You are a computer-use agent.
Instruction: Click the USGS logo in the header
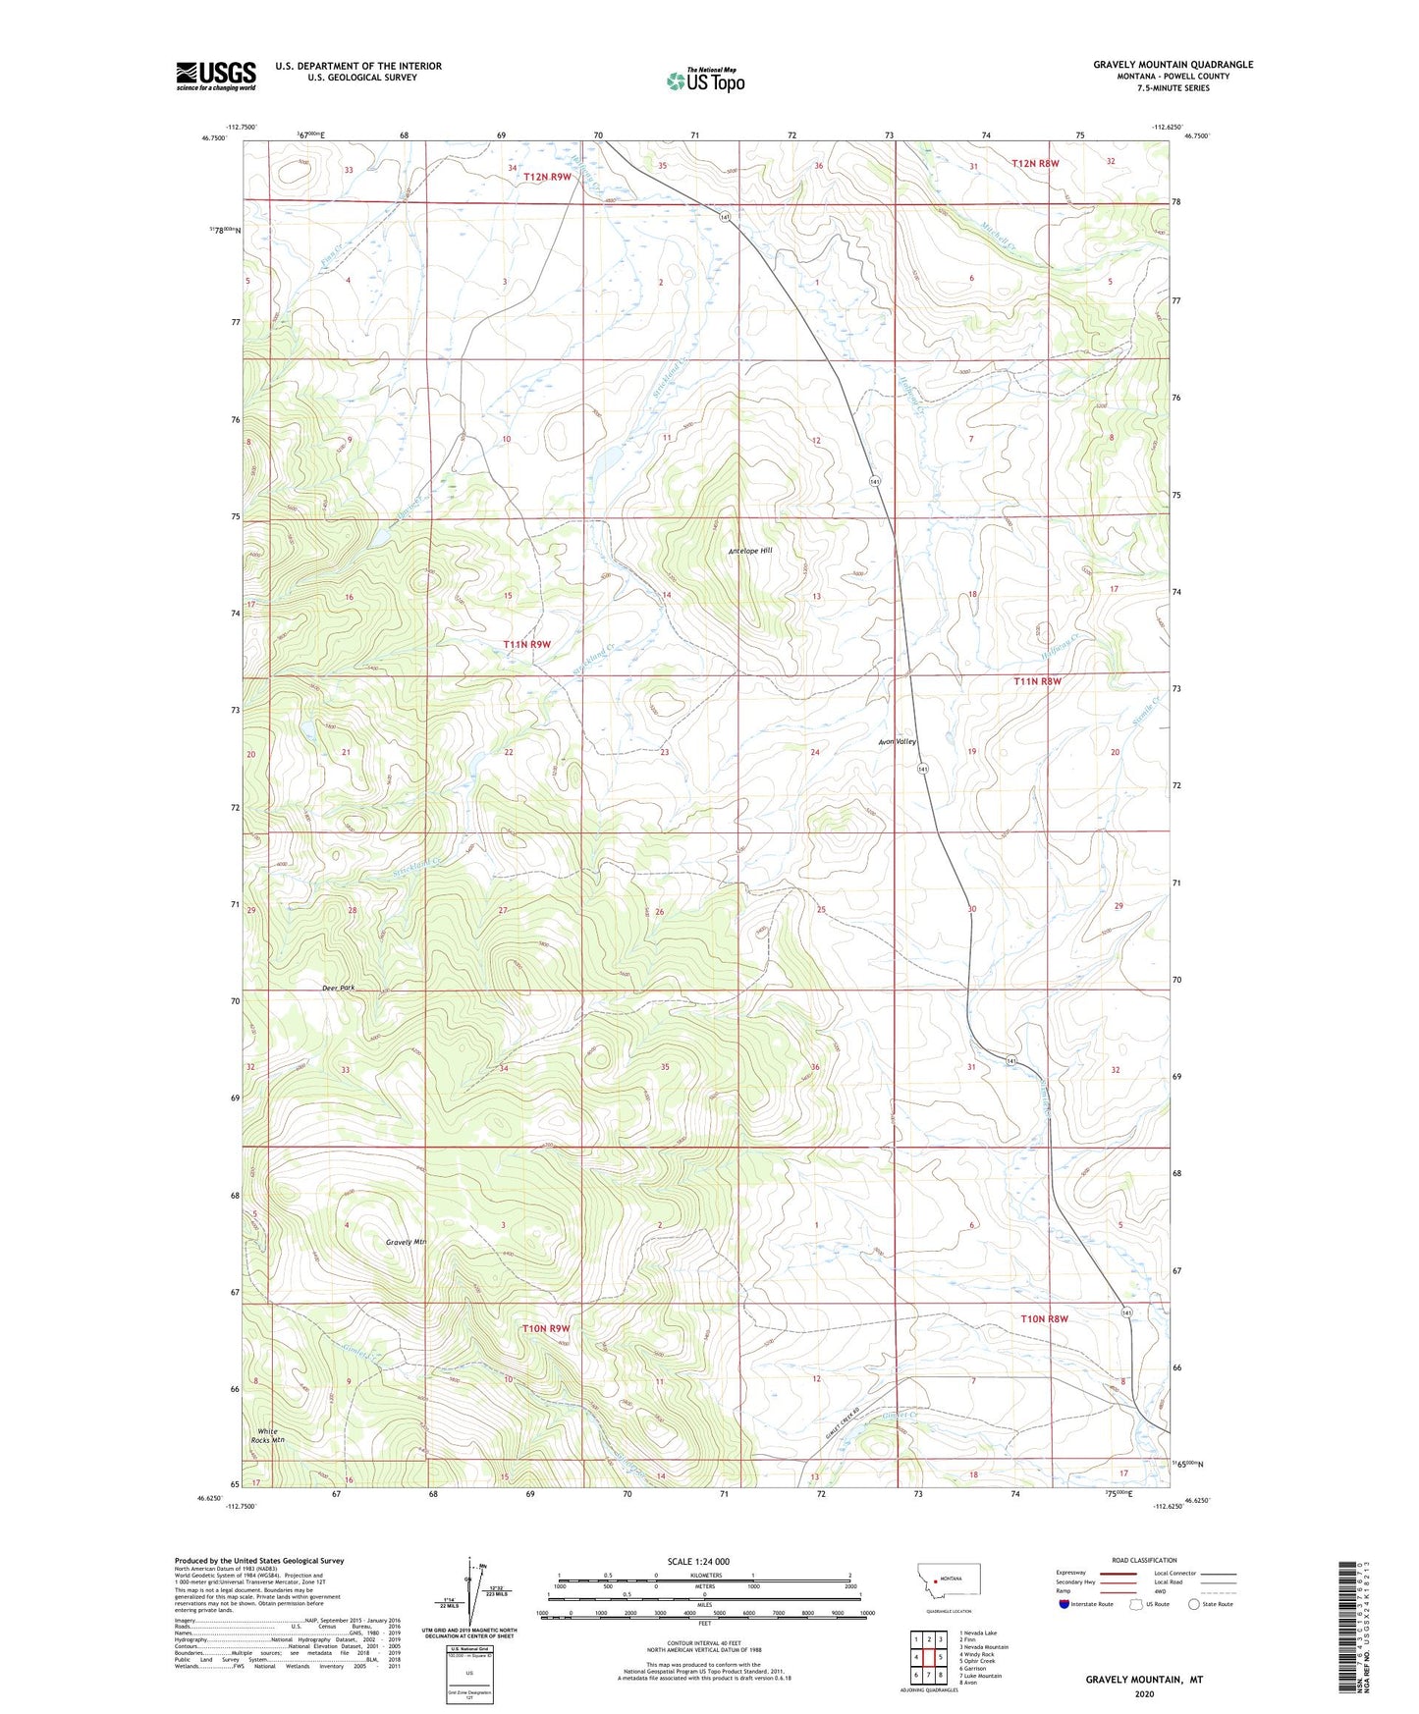click(x=215, y=76)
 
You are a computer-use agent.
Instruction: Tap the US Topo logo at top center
click(x=705, y=80)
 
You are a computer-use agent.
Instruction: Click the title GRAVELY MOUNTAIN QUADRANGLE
click(x=1173, y=65)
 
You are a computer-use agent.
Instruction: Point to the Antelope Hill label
click(x=750, y=551)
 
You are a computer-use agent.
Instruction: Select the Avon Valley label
click(x=898, y=742)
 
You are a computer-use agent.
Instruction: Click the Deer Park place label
click(x=338, y=988)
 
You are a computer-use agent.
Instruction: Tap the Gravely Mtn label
click(x=406, y=1242)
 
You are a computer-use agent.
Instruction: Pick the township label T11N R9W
click(x=527, y=644)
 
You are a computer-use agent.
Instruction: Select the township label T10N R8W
click(x=1044, y=1318)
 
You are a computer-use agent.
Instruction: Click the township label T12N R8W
click(x=1035, y=164)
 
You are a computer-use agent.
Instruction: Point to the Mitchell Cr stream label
click(x=997, y=234)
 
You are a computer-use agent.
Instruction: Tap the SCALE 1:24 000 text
click(x=698, y=1561)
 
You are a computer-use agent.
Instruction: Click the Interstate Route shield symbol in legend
click(x=1065, y=1604)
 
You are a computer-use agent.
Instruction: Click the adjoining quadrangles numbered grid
click(x=928, y=1657)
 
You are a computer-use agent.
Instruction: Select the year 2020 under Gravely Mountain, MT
click(x=1144, y=1693)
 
